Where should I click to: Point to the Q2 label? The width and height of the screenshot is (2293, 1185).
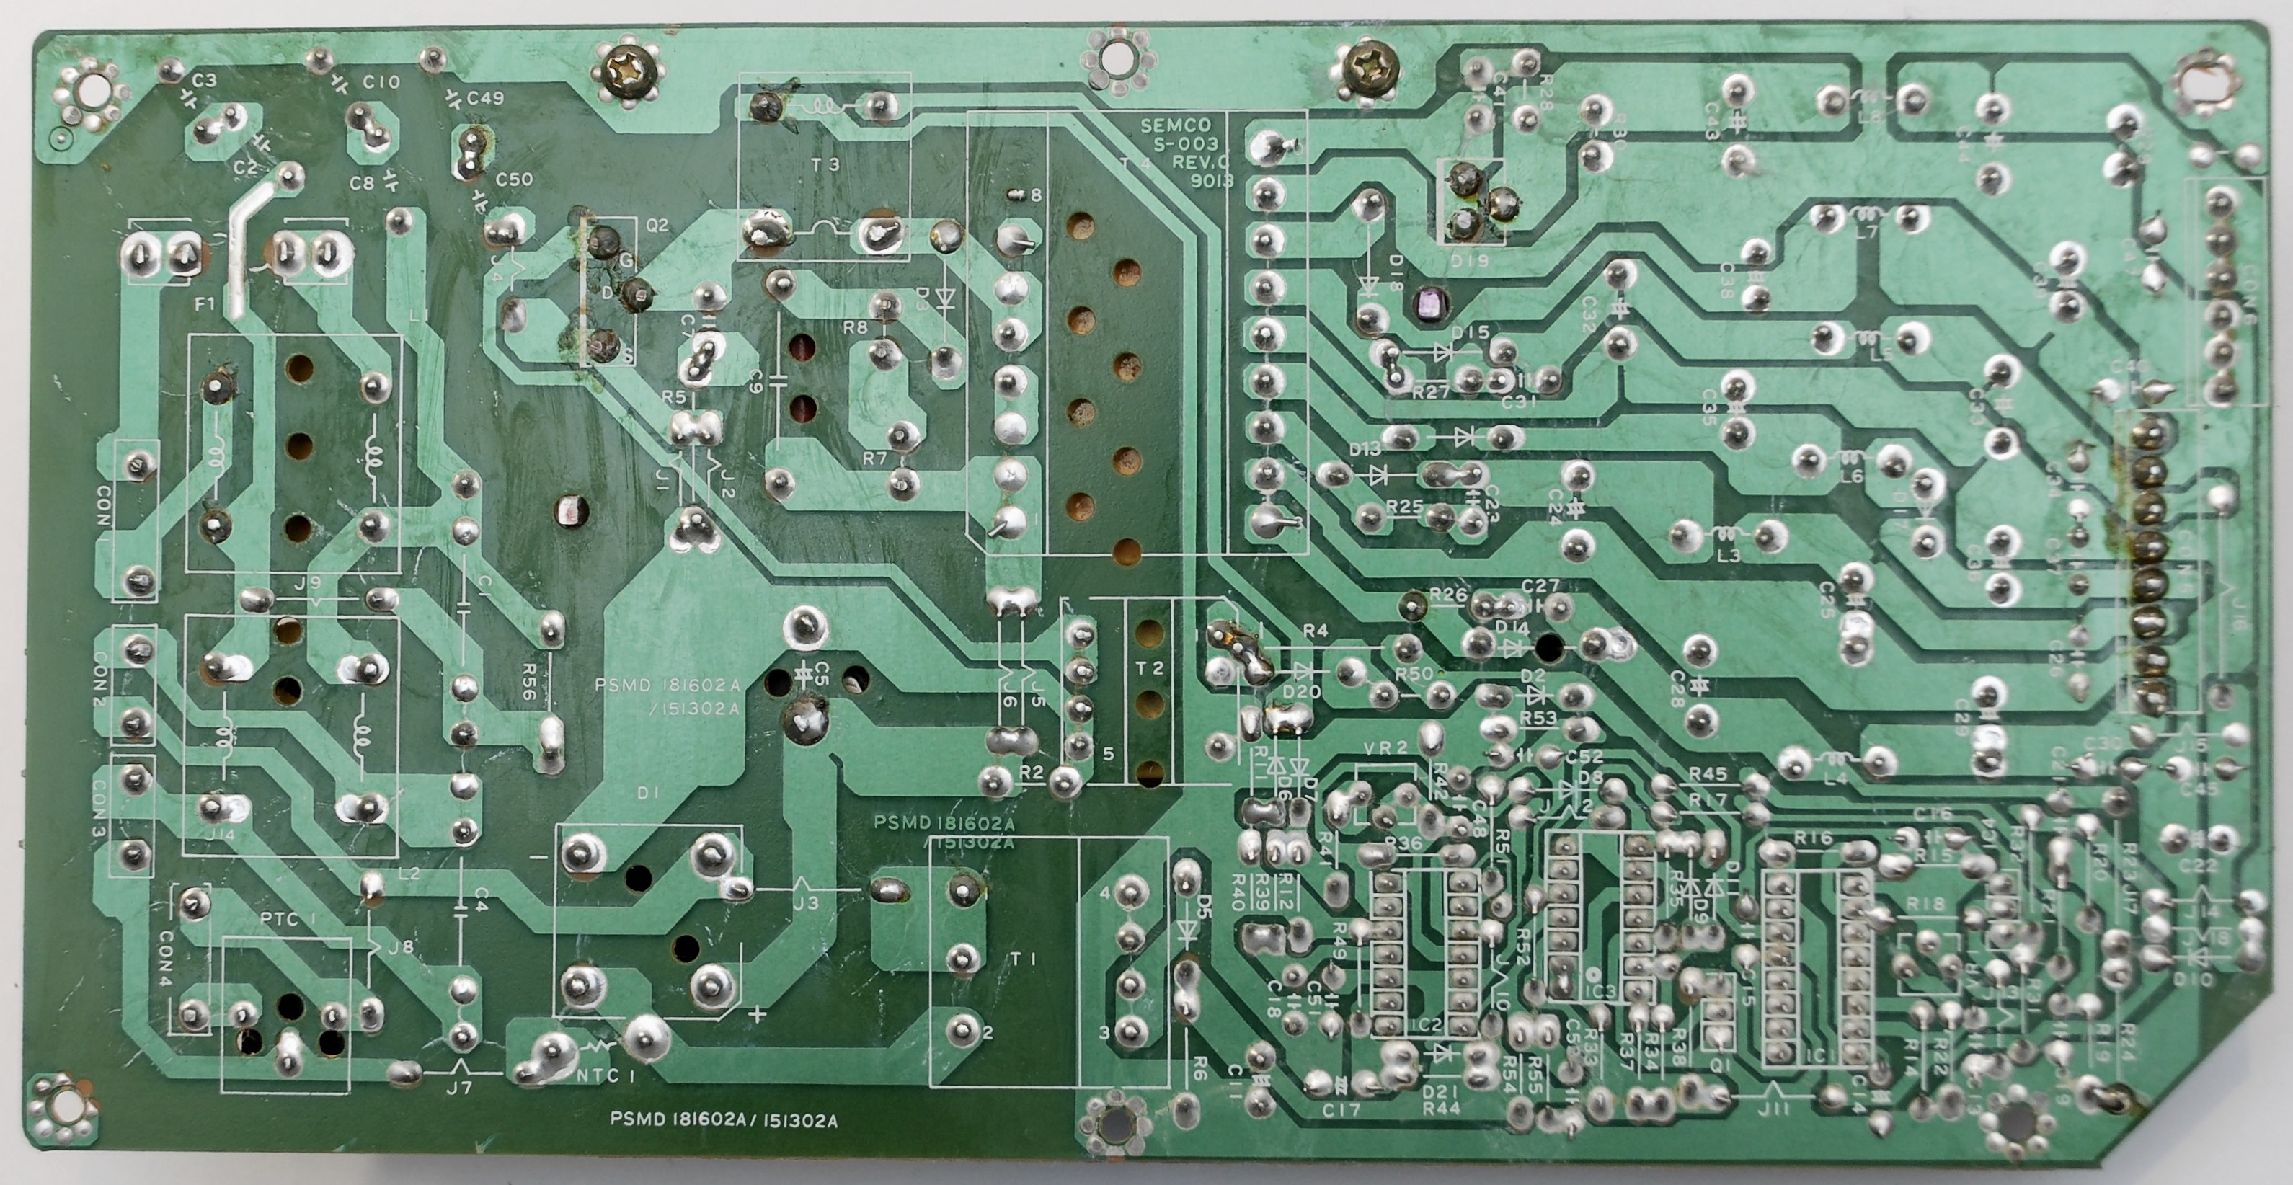657,225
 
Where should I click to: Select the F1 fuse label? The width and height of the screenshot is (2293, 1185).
205,304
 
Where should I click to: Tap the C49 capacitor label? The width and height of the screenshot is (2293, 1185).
485,97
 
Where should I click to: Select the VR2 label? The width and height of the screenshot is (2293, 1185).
1385,748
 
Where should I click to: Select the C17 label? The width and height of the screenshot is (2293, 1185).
1341,1110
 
